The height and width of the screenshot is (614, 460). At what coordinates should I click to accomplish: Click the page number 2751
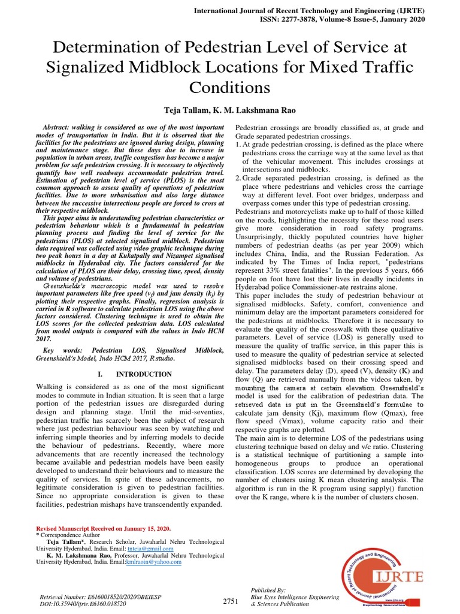(x=231, y=601)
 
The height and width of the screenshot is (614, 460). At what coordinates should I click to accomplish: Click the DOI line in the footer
(x=83, y=605)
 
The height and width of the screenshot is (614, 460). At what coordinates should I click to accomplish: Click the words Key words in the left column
(x=62, y=350)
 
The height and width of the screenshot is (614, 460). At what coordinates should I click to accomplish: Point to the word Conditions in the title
(x=230, y=88)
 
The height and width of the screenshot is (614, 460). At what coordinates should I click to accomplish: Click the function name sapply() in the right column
(x=371, y=489)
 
